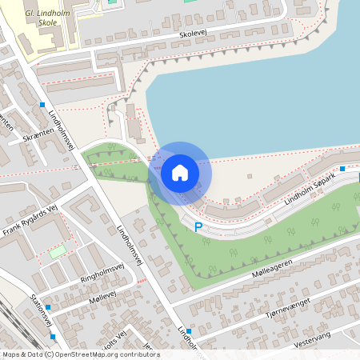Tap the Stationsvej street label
[41, 311]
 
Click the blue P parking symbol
[198, 227]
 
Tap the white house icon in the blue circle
[180, 172]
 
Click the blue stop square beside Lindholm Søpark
[342, 169]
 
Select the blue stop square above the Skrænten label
[42, 105]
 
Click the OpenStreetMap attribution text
[80, 354]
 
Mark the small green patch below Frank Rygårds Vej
[57, 252]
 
